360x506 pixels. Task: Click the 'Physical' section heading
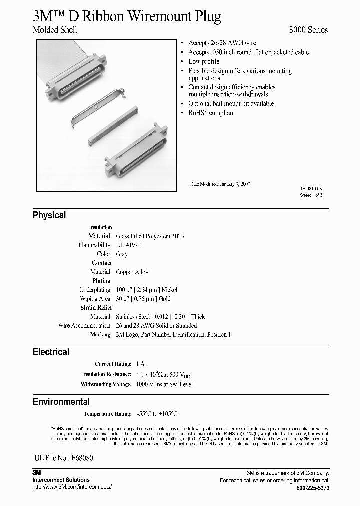pos(49,215)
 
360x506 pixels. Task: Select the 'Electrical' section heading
pos(51,352)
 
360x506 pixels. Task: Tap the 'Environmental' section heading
pos(61,402)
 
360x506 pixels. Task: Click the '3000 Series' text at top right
pos(309,30)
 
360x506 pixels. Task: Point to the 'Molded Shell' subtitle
pos(55,30)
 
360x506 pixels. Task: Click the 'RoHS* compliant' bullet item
pos(211,113)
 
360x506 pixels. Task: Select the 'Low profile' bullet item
pos(204,61)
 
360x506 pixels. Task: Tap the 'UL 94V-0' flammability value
pos(129,245)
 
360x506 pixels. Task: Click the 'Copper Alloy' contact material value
pos(132,272)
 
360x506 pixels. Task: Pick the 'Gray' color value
pos(122,254)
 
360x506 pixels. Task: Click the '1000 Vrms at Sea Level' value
pos(164,384)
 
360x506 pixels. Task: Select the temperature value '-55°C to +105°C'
pos(157,414)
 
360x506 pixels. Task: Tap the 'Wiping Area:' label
pos(96,299)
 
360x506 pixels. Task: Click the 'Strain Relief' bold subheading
pos(96,308)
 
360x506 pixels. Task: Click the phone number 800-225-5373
pos(313,487)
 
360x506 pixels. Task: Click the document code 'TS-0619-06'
pos(311,189)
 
